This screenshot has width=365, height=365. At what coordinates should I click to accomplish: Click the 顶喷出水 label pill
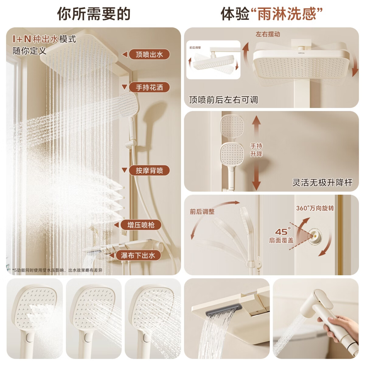(x=149, y=54)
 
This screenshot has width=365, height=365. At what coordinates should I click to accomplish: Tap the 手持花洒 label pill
(x=149, y=87)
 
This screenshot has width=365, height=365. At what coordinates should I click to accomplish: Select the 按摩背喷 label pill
(x=149, y=170)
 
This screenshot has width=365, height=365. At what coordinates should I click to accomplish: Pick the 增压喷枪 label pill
(x=141, y=225)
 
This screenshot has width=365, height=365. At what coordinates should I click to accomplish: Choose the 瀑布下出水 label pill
(x=138, y=255)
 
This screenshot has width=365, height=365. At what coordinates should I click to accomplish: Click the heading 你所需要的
(x=94, y=14)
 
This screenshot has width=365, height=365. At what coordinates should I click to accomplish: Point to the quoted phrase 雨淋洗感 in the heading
(x=287, y=14)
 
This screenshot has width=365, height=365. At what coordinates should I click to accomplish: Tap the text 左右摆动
(x=268, y=34)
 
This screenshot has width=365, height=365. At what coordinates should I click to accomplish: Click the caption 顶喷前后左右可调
(x=224, y=100)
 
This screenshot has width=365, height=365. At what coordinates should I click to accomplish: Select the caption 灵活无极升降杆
(x=322, y=182)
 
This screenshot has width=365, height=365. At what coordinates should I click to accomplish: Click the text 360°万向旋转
(x=315, y=208)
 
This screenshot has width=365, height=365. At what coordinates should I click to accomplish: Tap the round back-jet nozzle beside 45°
(x=315, y=236)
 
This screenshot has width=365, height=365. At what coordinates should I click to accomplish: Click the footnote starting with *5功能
(x=57, y=270)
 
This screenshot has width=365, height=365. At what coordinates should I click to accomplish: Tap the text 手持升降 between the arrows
(x=256, y=150)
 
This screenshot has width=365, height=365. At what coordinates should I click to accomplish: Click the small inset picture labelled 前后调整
(x=213, y=60)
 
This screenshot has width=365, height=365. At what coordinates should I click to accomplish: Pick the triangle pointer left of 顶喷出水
(x=124, y=54)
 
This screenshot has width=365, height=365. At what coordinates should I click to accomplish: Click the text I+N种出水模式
(x=44, y=39)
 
